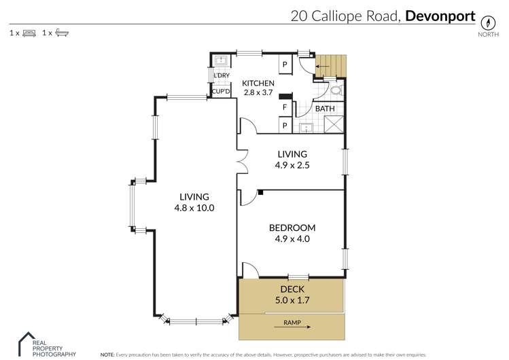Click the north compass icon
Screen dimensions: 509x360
coord(488,22)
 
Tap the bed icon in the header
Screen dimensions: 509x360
coord(29,33)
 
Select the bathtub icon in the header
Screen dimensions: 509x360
coord(62,33)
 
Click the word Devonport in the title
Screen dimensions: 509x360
coord(440,16)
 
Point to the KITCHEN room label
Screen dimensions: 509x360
coord(258,84)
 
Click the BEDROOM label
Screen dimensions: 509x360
coord(292,228)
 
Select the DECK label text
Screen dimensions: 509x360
coord(292,289)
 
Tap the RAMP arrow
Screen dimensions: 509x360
coord(292,327)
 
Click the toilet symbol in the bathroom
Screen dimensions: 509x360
coord(336,90)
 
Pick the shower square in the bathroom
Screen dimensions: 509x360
coord(334,124)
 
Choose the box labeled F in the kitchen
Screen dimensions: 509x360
coord(285,107)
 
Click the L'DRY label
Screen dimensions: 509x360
coord(222,75)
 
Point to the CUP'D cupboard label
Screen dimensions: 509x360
coord(221,92)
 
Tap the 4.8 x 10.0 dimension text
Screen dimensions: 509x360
coord(194,208)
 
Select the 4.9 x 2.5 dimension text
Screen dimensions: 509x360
coord(292,165)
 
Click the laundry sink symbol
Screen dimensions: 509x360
coord(222,60)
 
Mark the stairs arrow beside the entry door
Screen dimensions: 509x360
coord(322,67)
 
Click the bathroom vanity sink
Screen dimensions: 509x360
coord(306,128)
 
